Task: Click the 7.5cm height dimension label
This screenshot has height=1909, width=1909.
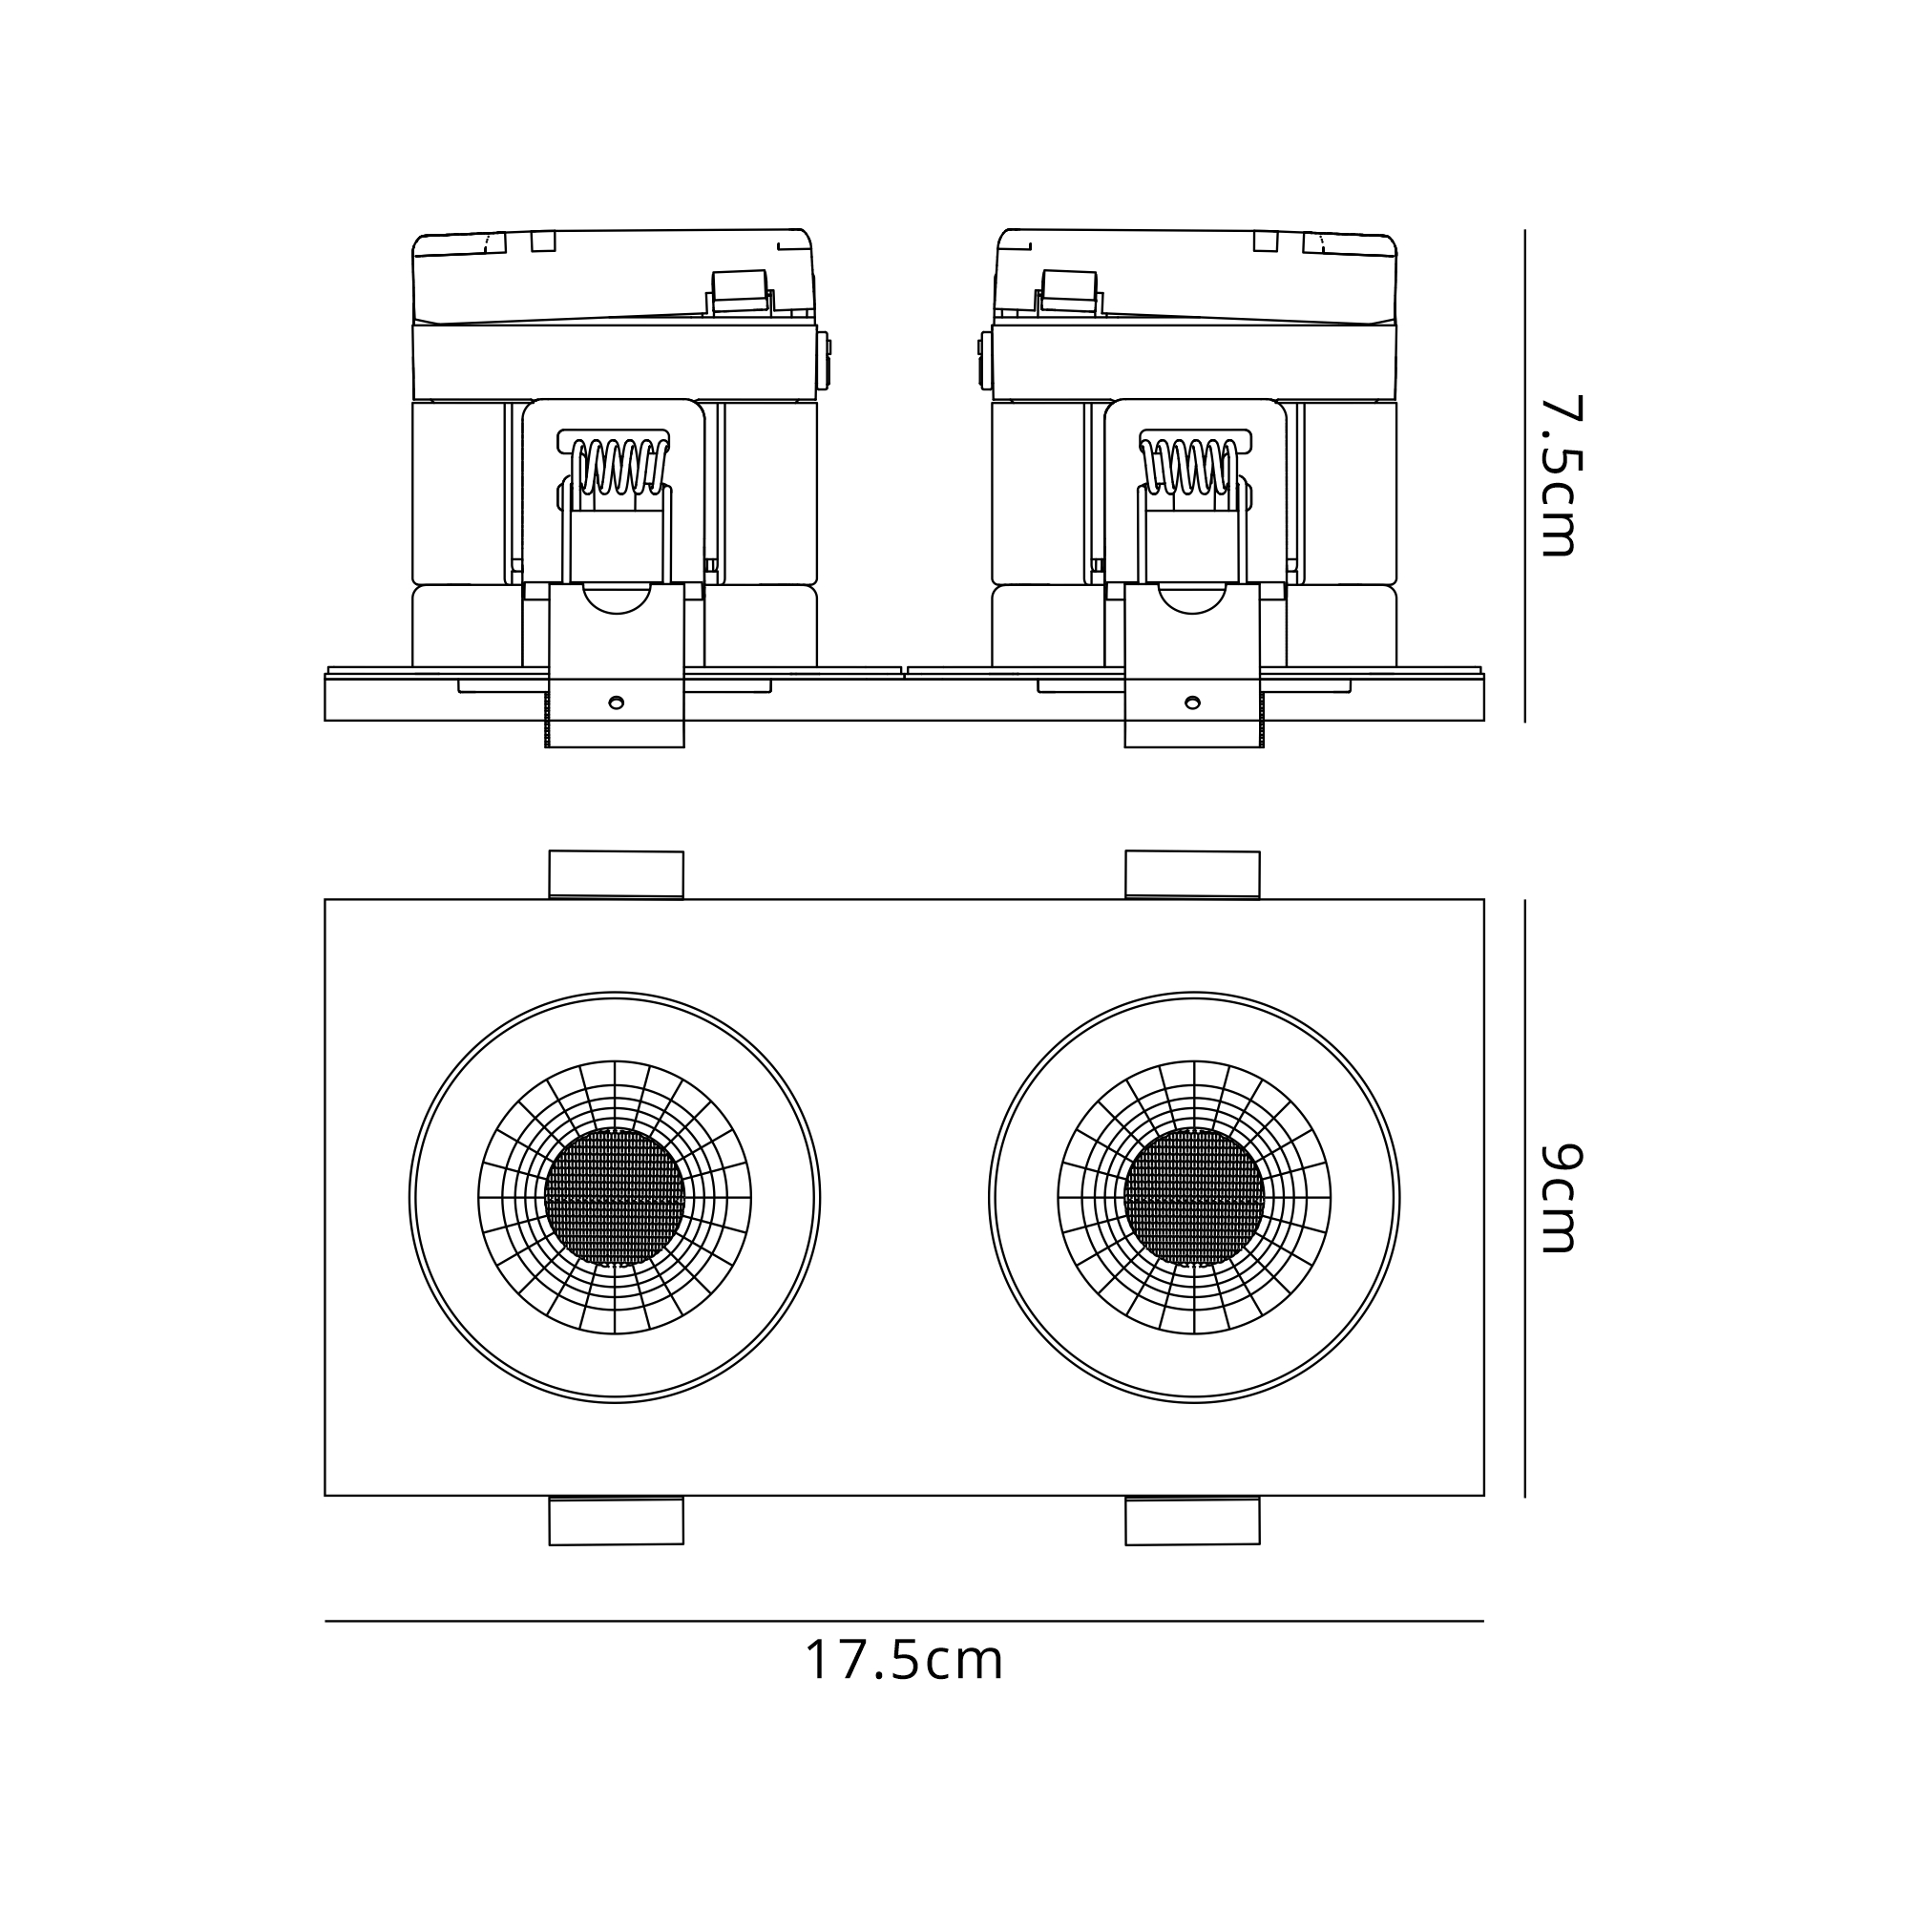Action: (1563, 476)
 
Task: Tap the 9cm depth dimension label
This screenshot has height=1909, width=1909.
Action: (1563, 1198)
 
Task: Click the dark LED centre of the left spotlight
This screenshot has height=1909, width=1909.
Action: (615, 1198)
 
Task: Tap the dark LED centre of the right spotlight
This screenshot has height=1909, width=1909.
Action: (1194, 1198)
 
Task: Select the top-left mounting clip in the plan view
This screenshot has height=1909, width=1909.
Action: (617, 874)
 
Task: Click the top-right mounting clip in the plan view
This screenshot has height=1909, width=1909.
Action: (1192, 874)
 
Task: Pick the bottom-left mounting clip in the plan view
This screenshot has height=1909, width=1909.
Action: (617, 1521)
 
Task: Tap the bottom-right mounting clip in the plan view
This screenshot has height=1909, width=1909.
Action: (1192, 1521)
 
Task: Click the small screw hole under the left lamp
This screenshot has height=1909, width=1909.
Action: (616, 703)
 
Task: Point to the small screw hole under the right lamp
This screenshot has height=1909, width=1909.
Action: (1192, 703)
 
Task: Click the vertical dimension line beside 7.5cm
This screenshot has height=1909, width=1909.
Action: (1524, 476)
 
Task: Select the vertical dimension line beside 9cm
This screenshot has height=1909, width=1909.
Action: (1524, 1198)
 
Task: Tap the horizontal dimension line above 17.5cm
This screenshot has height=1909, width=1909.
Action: (904, 1622)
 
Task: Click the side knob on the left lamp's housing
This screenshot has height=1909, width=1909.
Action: (824, 360)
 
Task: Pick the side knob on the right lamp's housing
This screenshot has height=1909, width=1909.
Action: (985, 360)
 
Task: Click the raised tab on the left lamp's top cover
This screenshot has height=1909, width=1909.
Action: (739, 292)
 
